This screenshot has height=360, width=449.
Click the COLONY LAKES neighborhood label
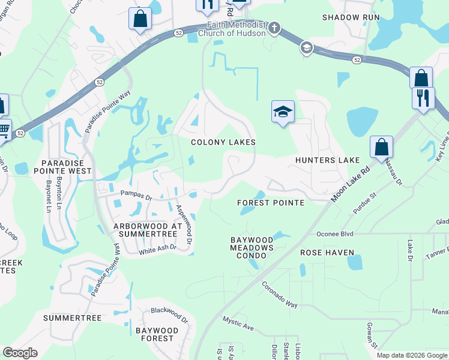tap(223, 142)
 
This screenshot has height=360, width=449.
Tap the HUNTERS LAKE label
tap(327, 160)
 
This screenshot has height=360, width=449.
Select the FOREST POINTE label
tap(270, 203)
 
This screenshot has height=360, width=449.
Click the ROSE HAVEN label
tap(327, 253)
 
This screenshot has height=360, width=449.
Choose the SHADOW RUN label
tap(351, 17)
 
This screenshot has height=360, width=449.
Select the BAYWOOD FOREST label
tap(157, 334)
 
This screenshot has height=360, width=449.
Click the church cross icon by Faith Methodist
tap(274, 28)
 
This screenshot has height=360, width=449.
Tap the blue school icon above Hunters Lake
tap(283, 112)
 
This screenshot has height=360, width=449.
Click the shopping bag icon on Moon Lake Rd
tap(381, 146)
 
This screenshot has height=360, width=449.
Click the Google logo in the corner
tap(20, 353)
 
